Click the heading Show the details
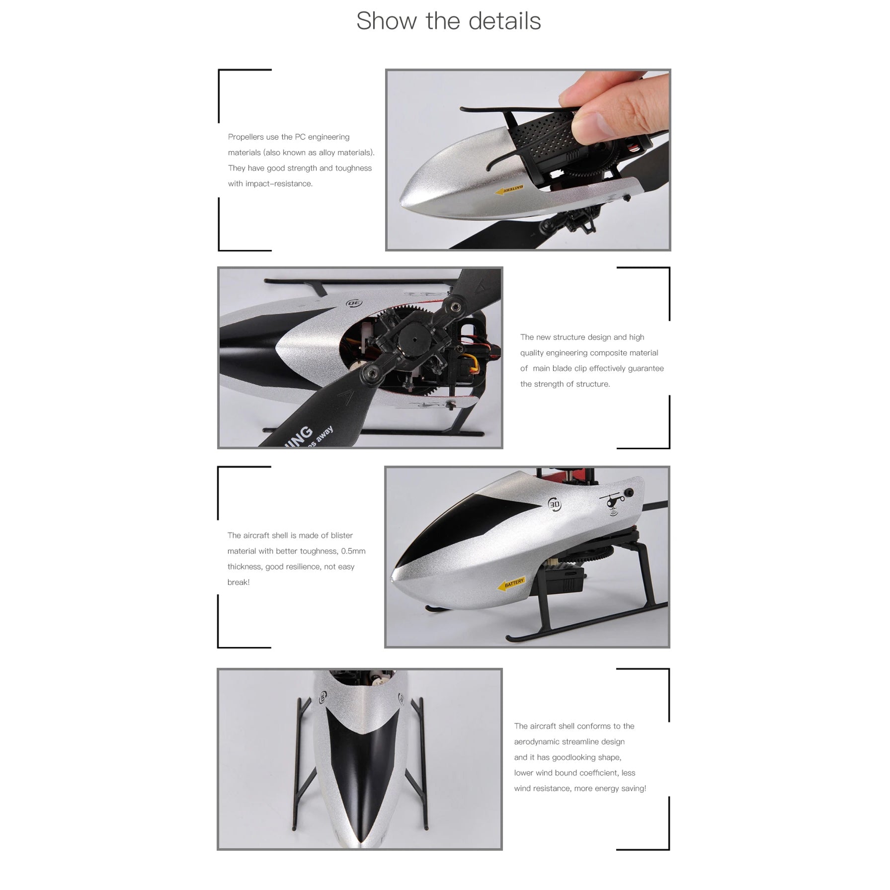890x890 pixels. pos(448,21)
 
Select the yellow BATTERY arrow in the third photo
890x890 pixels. pos(511,584)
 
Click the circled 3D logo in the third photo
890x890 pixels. pos(555,504)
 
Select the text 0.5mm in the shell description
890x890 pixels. pos(353,551)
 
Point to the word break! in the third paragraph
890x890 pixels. pos(239,582)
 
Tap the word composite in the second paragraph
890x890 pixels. pos(612,353)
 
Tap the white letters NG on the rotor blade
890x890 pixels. pos(301,434)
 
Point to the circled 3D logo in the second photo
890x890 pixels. pos(355,303)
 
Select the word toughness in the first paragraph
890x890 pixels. pos(353,168)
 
